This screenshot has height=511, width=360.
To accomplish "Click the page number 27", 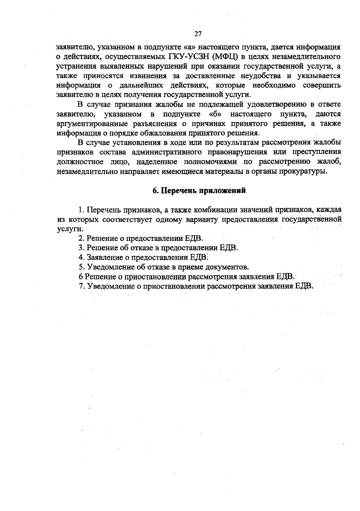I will (198, 34).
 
